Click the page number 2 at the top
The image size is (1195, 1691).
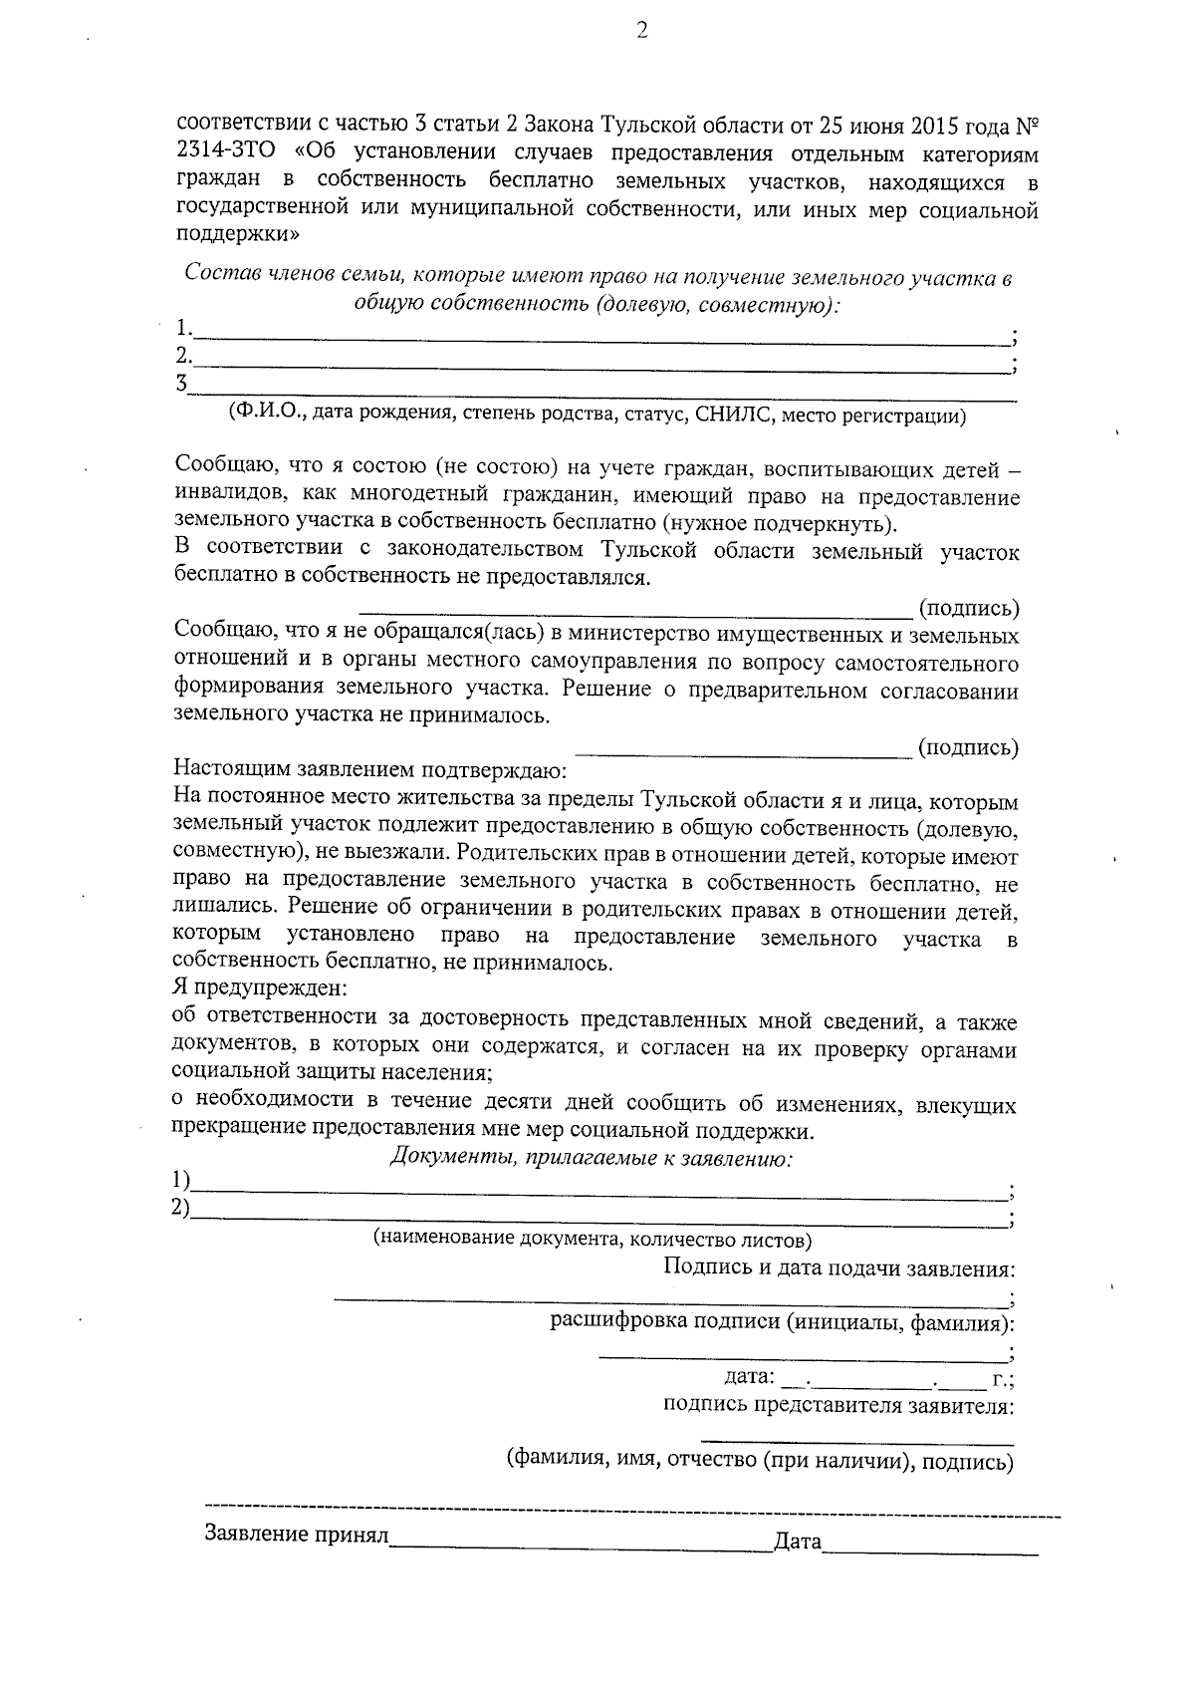641,32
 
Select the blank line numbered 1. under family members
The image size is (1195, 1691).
597,332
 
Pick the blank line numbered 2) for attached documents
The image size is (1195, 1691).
597,1210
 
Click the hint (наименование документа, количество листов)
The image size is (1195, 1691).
593,1240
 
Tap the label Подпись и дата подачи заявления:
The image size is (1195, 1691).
839,1268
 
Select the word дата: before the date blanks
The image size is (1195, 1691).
749,1378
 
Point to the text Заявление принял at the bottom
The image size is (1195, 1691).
297,1534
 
